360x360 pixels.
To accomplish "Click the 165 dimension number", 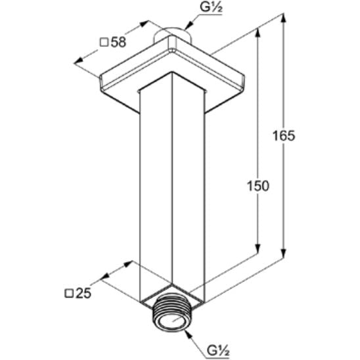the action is pos(284,135).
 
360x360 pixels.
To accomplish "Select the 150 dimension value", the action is pos(258,186).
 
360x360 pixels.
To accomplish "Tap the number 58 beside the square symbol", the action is pos(118,42).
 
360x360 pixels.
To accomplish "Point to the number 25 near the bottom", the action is pos(83,293).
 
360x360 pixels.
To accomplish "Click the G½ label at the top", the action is pos(212,7).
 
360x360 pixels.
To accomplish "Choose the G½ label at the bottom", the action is pos(218,351).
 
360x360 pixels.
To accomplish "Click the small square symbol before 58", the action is pos(104,43).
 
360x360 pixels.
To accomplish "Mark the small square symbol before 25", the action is pos(69,294).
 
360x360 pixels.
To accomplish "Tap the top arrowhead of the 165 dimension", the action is pos(284,18).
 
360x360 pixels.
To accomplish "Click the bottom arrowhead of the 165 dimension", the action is pos(284,254).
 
